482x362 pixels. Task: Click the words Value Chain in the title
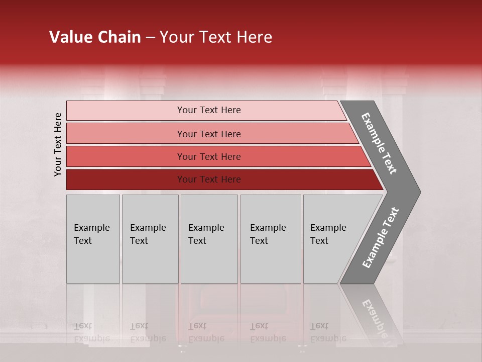[95, 37]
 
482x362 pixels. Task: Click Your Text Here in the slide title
[216, 37]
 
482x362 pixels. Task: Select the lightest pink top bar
[126, 110]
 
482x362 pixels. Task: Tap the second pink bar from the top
[126, 134]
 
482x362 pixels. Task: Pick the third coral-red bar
[126, 156]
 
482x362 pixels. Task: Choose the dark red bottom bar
[126, 179]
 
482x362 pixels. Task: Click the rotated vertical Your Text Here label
[58, 144]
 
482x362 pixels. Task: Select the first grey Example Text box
[93, 239]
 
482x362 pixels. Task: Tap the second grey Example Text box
[150, 239]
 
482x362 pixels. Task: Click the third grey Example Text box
[209, 239]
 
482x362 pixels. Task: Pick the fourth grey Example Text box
[271, 239]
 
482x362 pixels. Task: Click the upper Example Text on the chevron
[379, 143]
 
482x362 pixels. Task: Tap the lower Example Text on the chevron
[380, 238]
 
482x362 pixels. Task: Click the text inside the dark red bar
[209, 179]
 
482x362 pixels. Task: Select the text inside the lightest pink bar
[209, 110]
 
